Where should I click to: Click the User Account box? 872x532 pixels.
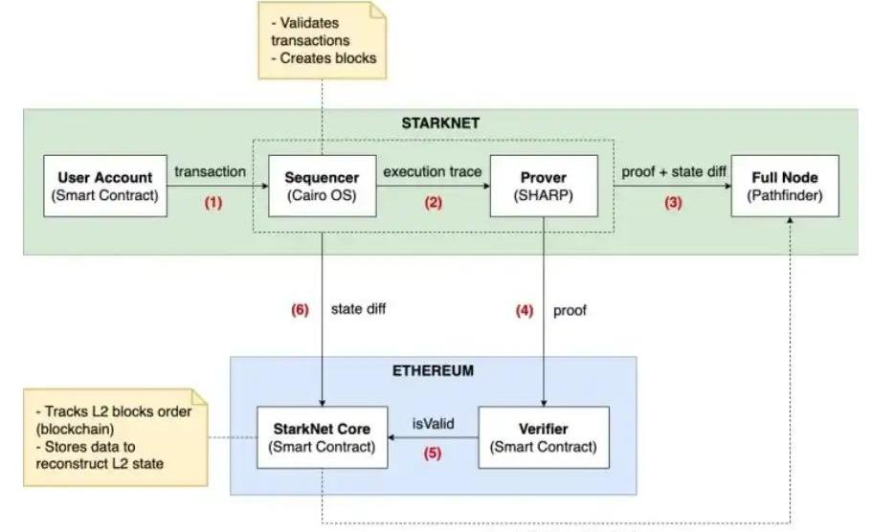(x=105, y=185)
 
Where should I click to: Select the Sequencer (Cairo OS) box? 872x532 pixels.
(x=322, y=185)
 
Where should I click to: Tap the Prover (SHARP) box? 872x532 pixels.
(x=543, y=185)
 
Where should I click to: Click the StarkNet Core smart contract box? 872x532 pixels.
(x=322, y=436)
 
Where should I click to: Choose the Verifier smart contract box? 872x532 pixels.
(x=543, y=436)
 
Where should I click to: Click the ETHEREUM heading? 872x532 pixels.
(x=434, y=370)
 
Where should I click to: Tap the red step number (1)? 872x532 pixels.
(x=212, y=203)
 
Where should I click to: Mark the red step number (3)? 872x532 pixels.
(x=675, y=203)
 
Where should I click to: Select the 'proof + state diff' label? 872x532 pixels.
(x=674, y=171)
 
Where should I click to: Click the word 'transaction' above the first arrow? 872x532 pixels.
(x=211, y=171)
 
